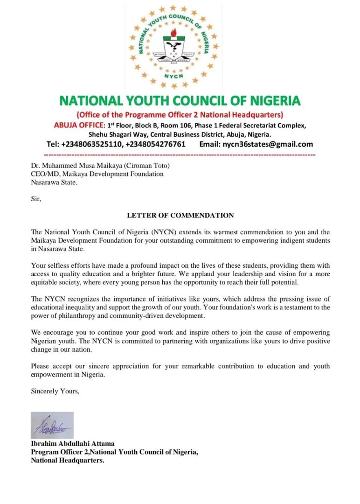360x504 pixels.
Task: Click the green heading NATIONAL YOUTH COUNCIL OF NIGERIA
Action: [x=180, y=101]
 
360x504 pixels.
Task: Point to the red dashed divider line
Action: [x=180, y=154]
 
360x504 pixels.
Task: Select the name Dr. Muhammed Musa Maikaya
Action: [x=75, y=165]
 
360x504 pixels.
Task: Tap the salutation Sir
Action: [x=36, y=199]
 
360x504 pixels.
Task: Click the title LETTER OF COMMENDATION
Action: [x=180, y=215]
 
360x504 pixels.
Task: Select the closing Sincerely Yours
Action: [x=55, y=391]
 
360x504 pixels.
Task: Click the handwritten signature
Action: [x=52, y=425]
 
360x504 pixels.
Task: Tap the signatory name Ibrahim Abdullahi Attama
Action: [x=72, y=444]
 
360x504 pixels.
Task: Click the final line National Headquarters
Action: [x=67, y=461]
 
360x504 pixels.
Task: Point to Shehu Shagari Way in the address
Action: [x=115, y=134]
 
